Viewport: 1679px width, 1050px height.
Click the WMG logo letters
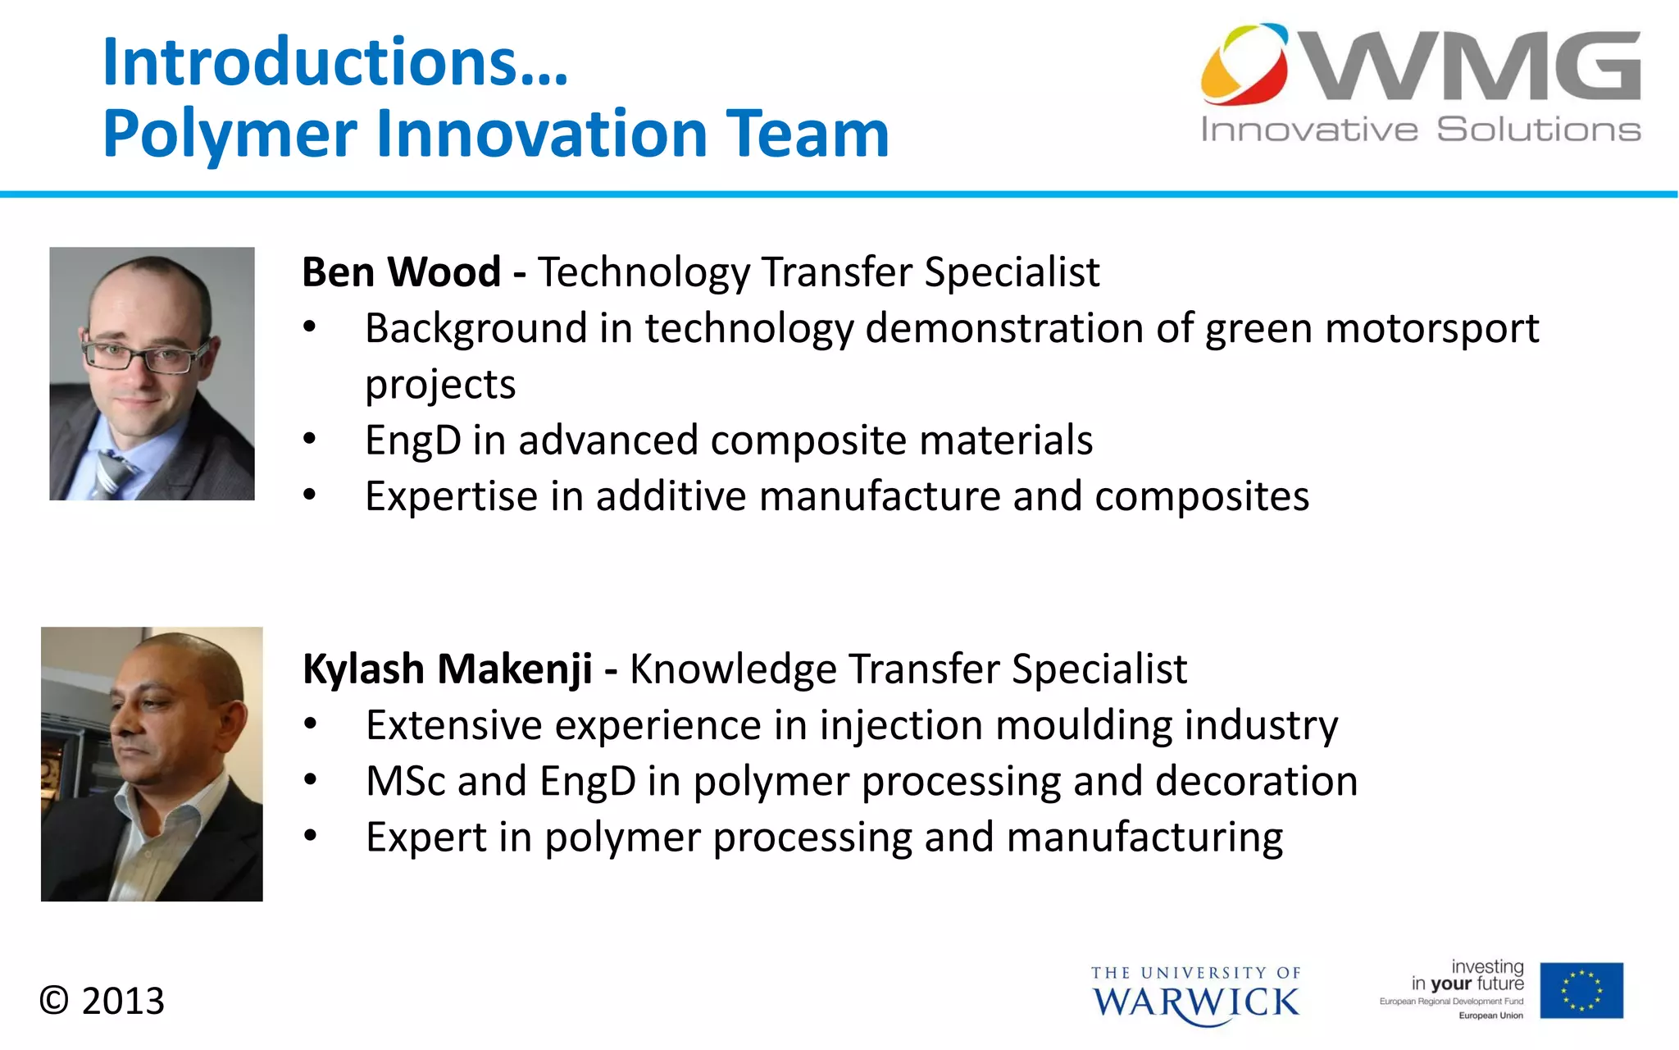tap(1472, 67)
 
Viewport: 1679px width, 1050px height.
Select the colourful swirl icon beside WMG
tap(1244, 64)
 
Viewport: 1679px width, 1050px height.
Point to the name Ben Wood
tap(401, 272)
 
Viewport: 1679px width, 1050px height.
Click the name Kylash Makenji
tap(447, 669)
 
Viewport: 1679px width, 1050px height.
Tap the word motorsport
tap(1431, 328)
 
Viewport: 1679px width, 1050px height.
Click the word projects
tap(440, 385)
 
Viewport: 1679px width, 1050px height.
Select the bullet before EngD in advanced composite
tap(309, 440)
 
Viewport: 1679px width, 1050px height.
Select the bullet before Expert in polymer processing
tap(309, 837)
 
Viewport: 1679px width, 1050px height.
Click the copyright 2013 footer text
tap(102, 1001)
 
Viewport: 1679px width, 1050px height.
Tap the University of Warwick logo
tap(1195, 994)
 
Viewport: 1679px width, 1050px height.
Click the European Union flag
tap(1581, 990)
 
